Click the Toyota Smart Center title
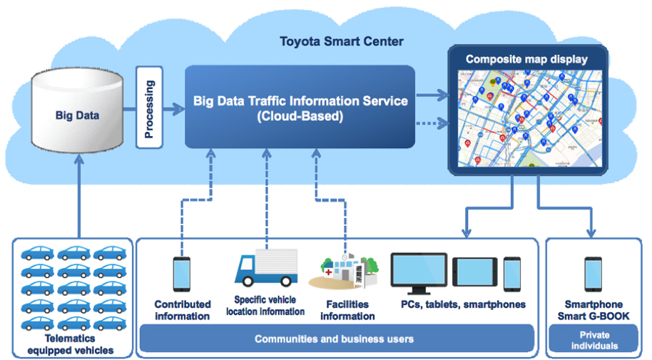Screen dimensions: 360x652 [x=341, y=41]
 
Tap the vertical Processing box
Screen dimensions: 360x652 [x=149, y=108]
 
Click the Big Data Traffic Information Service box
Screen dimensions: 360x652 [x=300, y=107]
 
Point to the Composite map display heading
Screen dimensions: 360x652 [x=526, y=59]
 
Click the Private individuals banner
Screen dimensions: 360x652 [x=592, y=341]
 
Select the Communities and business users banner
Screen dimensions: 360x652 [x=335, y=339]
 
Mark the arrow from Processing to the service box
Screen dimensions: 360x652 [x=174, y=109]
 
